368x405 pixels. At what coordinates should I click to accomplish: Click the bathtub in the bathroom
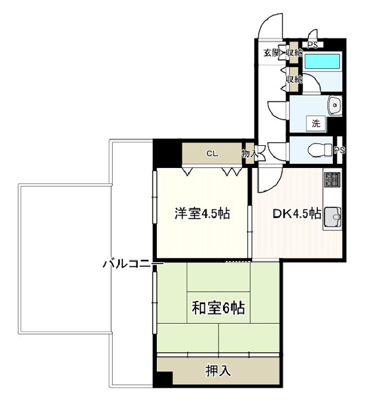[x=322, y=61]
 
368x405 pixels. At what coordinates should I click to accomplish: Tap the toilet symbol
[x=320, y=150]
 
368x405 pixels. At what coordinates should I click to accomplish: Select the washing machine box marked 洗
[x=316, y=124]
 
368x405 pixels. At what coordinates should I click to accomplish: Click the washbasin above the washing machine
[x=335, y=105]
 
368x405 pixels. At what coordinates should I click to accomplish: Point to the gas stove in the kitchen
[x=333, y=179]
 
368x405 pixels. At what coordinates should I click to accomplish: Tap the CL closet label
[x=212, y=154]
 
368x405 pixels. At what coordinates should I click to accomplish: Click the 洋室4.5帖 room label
[x=202, y=214]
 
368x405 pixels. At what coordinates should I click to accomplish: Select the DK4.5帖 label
[x=297, y=214]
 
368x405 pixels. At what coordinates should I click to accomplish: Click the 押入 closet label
[x=218, y=371]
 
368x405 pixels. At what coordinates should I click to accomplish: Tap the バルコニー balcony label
[x=133, y=264]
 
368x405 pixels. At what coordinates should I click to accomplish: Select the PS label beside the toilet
[x=339, y=150]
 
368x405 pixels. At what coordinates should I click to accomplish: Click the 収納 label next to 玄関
[x=294, y=53]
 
